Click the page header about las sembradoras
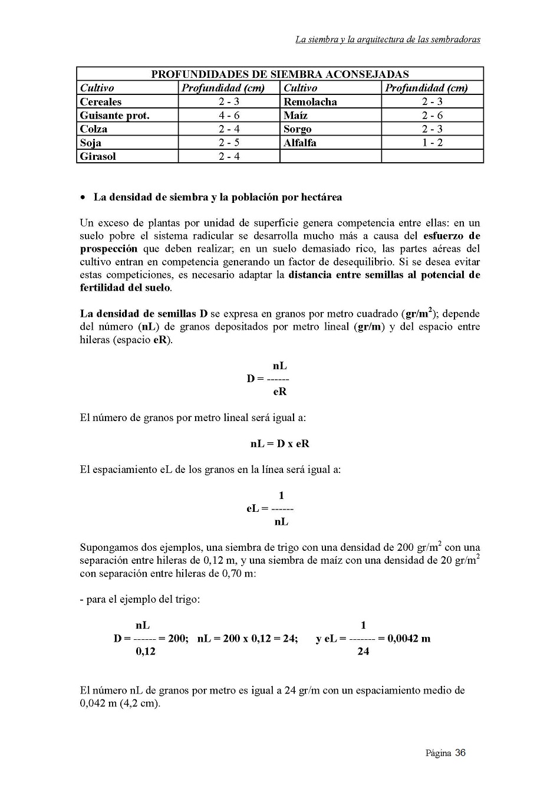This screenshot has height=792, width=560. pos(387,40)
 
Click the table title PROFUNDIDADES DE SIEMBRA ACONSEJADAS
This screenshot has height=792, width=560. pos(279,74)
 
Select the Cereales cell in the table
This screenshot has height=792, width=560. pos(101,101)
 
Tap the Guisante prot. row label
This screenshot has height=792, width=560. pos(114,116)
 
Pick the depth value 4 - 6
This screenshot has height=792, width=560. pos(229,116)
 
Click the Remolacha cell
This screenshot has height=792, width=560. pos(310,101)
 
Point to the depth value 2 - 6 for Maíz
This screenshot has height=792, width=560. pos(432,116)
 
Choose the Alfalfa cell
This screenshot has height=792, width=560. pos(299,143)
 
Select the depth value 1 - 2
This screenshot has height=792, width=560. pos(432,143)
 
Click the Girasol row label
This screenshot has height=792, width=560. pos(98,156)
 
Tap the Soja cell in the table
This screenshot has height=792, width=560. pos(91,143)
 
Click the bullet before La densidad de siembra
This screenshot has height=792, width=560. pos(83,198)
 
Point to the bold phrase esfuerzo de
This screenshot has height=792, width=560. pos(452,236)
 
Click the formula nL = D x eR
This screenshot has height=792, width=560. pos(279,443)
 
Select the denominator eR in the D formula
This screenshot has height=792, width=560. pos(279,391)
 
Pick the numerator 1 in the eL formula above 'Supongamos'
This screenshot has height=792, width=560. pos(281,495)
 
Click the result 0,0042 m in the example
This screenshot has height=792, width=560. pos(409,638)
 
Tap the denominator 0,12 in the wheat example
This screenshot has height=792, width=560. pos(146,651)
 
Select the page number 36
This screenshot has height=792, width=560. pos(460,752)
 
